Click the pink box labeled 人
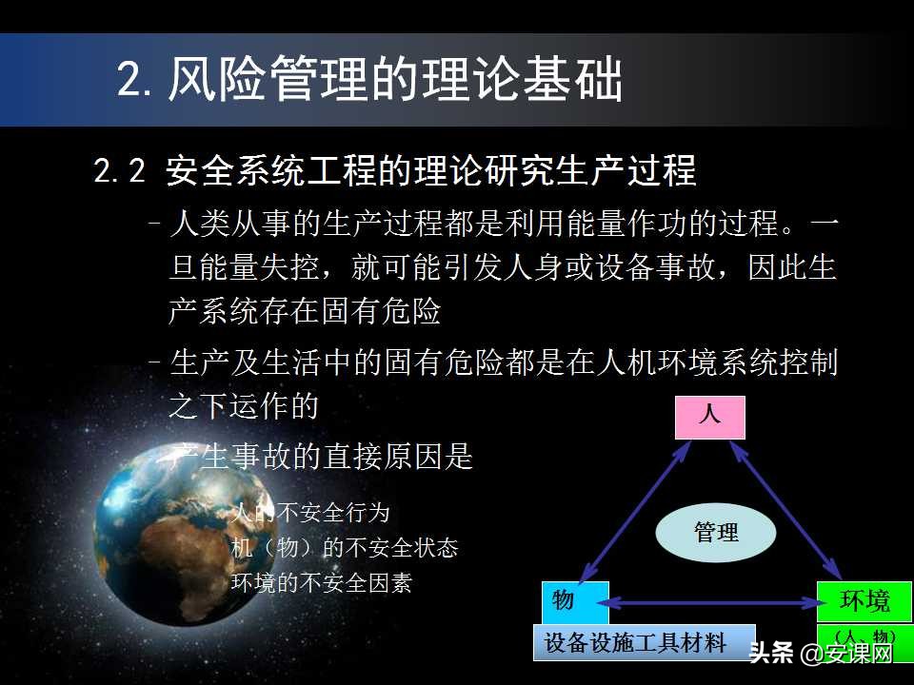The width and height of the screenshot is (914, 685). [709, 417]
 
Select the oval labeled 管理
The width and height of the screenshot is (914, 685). [715, 532]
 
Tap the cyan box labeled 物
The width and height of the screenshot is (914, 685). [574, 601]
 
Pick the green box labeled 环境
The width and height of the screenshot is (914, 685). [864, 601]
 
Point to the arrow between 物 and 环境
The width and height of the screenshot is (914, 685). [712, 602]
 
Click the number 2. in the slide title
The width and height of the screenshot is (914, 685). [136, 79]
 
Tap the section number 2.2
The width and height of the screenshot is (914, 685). [120, 171]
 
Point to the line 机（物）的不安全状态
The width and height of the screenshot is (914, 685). [345, 548]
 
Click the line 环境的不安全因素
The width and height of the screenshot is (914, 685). [322, 582]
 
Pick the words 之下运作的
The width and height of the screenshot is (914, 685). [243, 407]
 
